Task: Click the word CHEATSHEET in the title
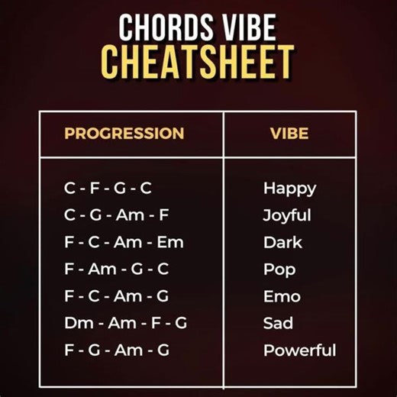(x=198, y=62)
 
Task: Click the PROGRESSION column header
(x=124, y=134)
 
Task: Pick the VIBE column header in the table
(x=289, y=134)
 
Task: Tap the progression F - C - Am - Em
(x=124, y=242)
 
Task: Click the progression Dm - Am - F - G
(x=126, y=323)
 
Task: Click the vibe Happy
(x=289, y=188)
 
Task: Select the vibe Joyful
(x=287, y=215)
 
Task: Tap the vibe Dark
(x=282, y=242)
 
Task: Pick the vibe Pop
(x=279, y=270)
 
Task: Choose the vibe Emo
(x=282, y=296)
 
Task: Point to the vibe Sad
(x=278, y=323)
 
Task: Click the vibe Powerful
(x=299, y=350)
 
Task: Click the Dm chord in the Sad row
(x=79, y=323)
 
